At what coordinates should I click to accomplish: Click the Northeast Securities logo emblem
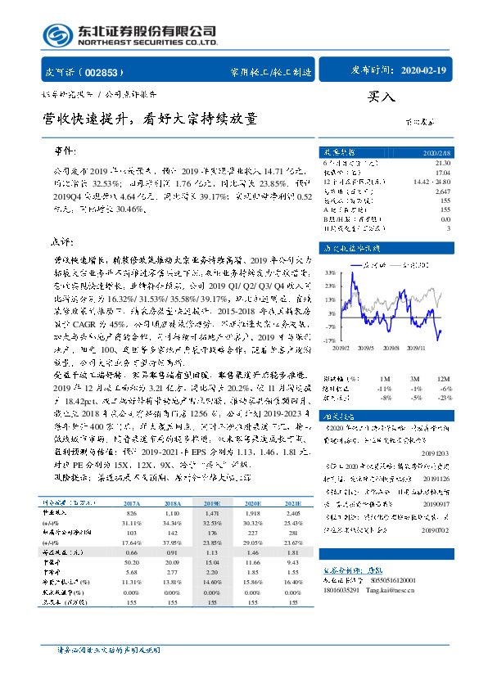point(56,35)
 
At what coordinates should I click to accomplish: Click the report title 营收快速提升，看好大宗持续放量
point(151,119)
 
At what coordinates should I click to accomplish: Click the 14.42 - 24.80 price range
point(435,180)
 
